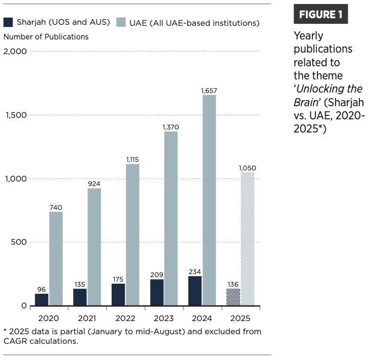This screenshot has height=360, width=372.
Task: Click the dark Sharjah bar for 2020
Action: (41, 299)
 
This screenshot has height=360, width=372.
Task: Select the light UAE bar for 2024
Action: (209, 200)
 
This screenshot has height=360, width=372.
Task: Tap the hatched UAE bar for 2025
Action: (247, 239)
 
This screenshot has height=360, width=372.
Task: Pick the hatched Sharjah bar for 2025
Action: (233, 297)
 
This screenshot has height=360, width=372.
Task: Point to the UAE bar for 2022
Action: (132, 235)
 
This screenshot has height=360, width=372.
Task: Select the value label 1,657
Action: (209, 91)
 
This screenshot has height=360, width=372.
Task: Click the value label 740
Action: (56, 207)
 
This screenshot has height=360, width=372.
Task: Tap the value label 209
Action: (157, 275)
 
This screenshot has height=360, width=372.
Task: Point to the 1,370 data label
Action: (171, 127)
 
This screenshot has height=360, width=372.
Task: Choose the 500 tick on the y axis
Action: (19, 242)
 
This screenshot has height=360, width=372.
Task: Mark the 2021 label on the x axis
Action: (87, 319)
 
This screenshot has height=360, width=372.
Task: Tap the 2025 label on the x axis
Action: (240, 319)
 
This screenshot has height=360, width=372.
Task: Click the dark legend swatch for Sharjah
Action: (9, 22)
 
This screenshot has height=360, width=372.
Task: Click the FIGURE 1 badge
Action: (320, 14)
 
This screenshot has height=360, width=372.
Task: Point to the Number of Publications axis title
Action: (46, 37)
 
